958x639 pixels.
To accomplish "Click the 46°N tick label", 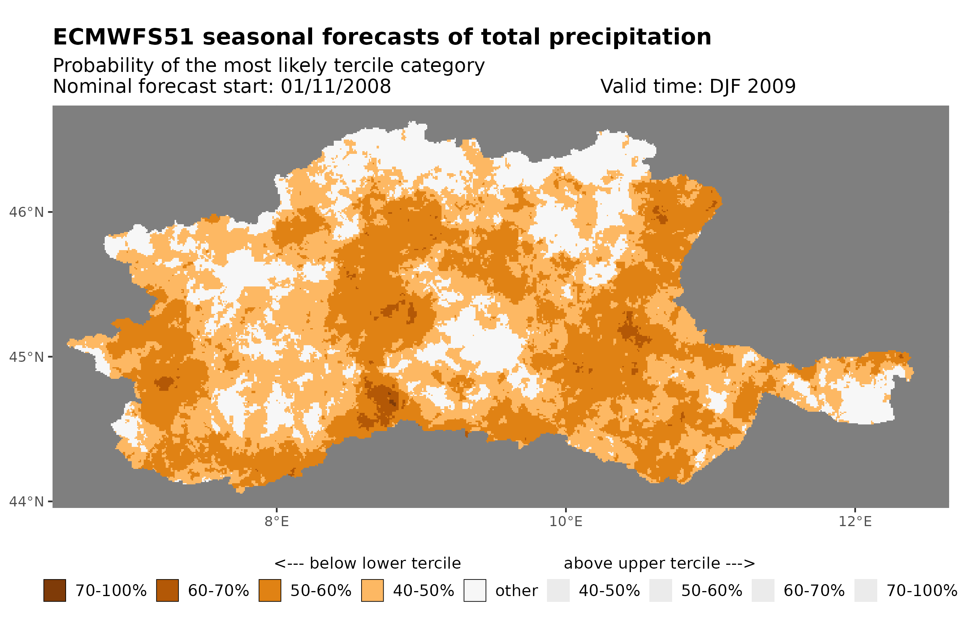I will tap(26, 212).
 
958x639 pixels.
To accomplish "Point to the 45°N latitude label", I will tap(26, 357).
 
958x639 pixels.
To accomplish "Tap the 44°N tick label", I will tap(26, 502).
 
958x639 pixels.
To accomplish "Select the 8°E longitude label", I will tap(277, 521).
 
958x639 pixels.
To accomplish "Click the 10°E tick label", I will tap(566, 521).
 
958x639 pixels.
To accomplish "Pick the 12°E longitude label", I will tap(854, 521).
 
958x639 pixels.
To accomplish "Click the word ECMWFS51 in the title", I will tap(123, 37).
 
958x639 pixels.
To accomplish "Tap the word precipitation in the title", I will tap(629, 37).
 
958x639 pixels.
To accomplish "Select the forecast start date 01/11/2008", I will tap(335, 86).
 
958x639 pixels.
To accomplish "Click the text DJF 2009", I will tap(752, 86).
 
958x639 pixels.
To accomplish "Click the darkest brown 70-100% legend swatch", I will tap(54, 591).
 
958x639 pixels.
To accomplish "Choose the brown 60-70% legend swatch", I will tap(167, 591).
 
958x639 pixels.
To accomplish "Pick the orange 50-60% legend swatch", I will tap(270, 591).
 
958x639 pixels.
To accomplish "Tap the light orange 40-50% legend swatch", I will tap(372, 591).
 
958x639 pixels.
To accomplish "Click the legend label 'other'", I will tap(516, 591).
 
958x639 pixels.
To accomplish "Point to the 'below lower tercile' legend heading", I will tap(367, 563).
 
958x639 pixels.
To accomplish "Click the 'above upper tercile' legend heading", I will tap(659, 563).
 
